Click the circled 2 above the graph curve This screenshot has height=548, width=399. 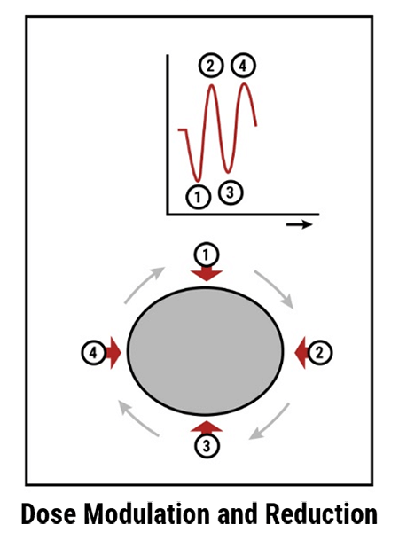click(x=211, y=66)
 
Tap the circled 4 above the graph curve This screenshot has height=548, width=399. click(x=244, y=66)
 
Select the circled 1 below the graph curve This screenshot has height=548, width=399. click(x=198, y=197)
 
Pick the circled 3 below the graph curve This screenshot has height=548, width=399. click(x=231, y=192)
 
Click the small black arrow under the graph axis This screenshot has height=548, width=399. click(x=299, y=224)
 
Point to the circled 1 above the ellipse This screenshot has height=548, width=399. click(x=207, y=255)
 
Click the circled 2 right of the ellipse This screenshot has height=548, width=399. click(x=320, y=353)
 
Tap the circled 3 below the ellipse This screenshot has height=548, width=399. click(x=207, y=446)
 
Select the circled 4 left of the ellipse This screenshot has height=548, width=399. click(x=94, y=353)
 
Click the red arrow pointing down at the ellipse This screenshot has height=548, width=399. click(x=207, y=274)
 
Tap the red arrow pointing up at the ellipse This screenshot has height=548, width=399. click(x=207, y=427)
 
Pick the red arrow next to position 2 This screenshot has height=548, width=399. click(x=301, y=353)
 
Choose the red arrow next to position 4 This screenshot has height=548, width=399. click(x=113, y=353)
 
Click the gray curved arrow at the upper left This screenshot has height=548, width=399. click(x=143, y=284)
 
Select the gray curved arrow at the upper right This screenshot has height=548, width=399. click(x=276, y=287)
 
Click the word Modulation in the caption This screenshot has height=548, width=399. click(x=148, y=514)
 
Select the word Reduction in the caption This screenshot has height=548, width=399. click(x=321, y=514)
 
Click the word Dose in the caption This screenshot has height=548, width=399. click(x=49, y=514)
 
